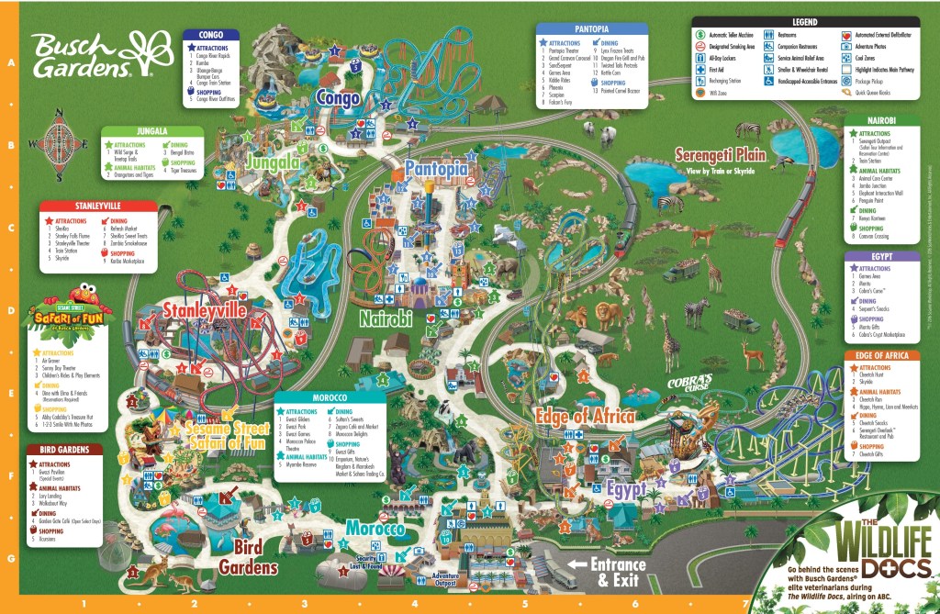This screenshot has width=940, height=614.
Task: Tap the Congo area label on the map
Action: (337, 97)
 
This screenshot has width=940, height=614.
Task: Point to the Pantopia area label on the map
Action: (435, 169)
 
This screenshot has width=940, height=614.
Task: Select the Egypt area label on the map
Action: (626, 487)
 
